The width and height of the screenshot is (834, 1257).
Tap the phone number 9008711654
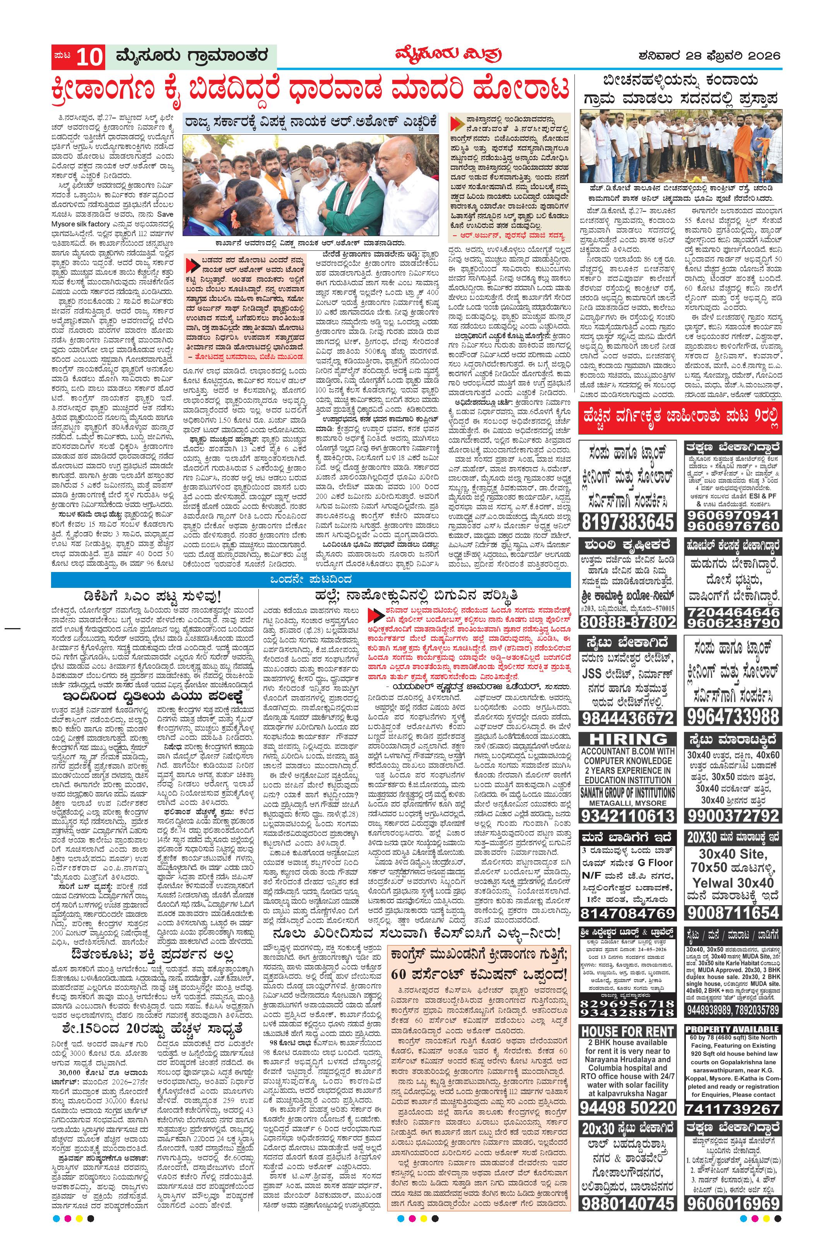coord(733,913)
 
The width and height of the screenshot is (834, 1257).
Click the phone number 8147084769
coord(627,914)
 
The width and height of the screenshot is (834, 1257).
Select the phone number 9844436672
coord(627,718)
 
